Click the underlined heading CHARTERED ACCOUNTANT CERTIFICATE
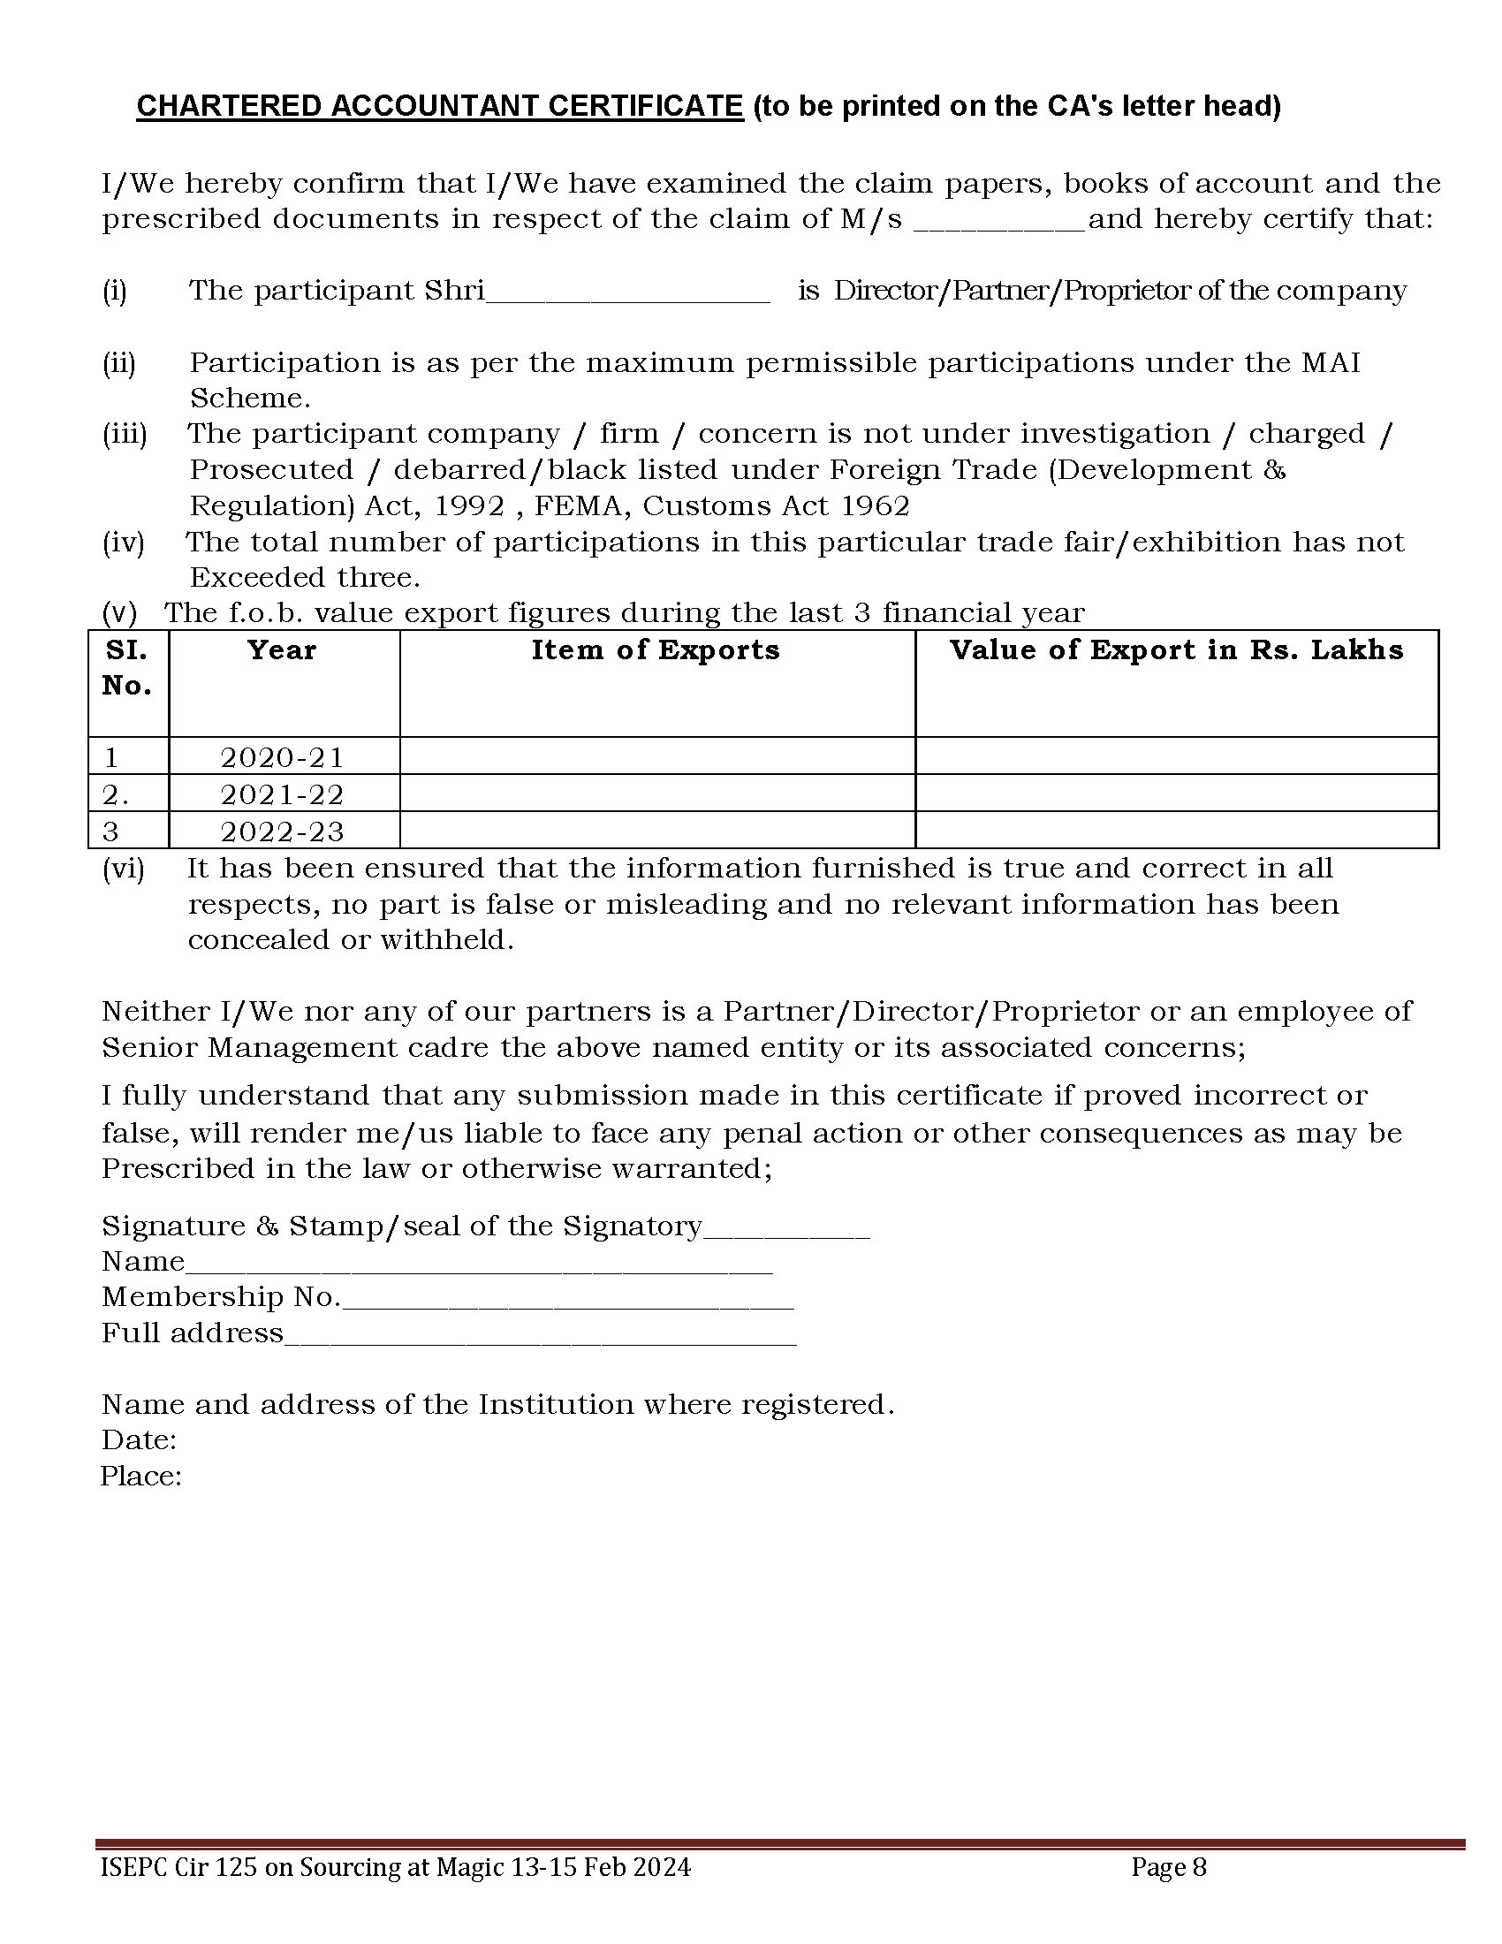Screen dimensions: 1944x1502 click(440, 106)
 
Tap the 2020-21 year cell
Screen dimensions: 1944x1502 click(282, 757)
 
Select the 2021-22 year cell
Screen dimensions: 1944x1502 click(282, 794)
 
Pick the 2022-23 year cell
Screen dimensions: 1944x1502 click(282, 832)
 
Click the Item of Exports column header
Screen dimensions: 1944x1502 click(656, 650)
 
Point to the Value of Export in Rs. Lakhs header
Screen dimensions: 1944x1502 click(1176, 650)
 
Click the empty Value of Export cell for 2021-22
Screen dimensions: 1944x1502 click(1176, 794)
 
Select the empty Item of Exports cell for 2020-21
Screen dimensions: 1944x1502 click(656, 756)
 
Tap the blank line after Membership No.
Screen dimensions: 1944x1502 click(568, 1301)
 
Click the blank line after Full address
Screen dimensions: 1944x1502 click(540, 1336)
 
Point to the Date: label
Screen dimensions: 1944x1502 click(139, 1440)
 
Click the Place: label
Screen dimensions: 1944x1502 click(140, 1477)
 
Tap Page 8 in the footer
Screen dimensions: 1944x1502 click(1168, 1866)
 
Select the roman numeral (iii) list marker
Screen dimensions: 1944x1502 click(125, 435)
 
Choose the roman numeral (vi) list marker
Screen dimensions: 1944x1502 click(123, 869)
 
